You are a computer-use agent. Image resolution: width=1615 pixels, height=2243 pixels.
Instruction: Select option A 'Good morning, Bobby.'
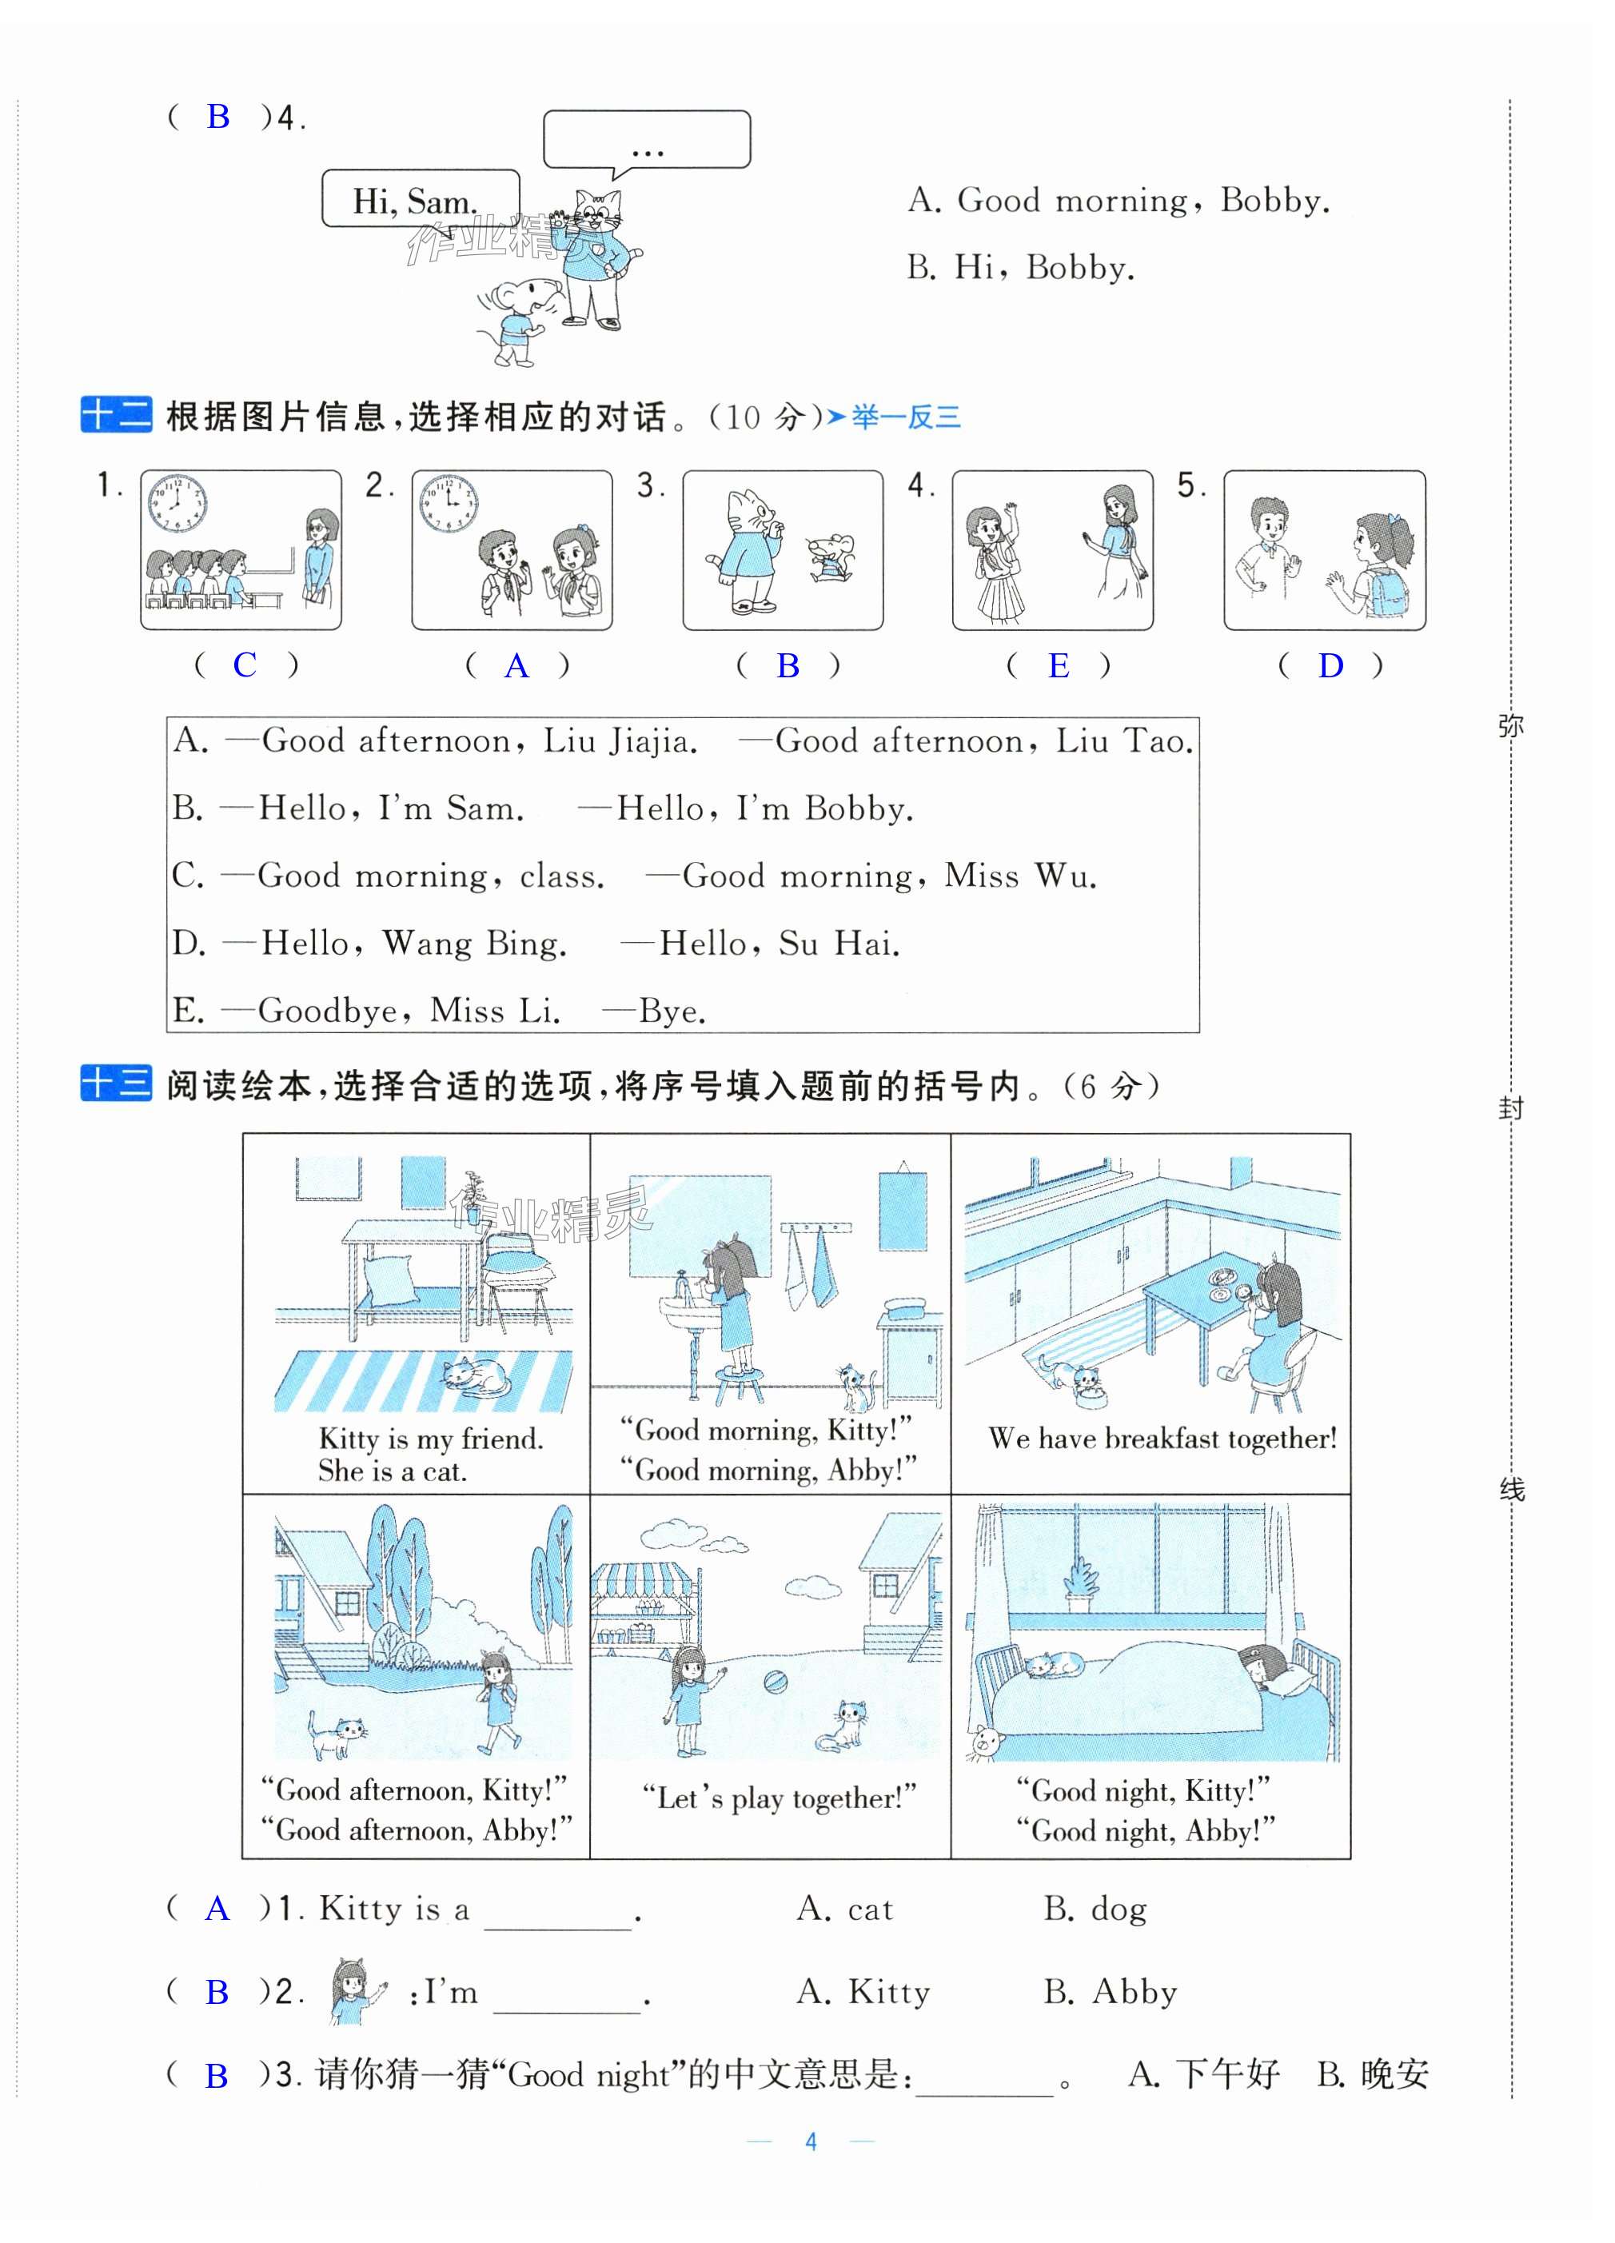[1118, 200]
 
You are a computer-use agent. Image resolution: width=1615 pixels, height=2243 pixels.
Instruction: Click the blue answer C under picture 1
[245, 665]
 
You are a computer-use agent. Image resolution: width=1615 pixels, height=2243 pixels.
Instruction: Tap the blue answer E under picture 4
[1059, 665]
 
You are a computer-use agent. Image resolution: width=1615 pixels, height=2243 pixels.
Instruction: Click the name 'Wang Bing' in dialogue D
[474, 943]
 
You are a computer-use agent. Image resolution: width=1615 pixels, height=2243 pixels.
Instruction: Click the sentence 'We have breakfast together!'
[1162, 1438]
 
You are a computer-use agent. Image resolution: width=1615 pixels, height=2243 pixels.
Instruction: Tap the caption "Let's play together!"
[779, 1797]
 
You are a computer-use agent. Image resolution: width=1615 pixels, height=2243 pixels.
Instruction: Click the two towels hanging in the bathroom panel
[810, 1269]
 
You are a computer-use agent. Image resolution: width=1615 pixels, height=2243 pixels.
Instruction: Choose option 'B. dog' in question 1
[1095, 1909]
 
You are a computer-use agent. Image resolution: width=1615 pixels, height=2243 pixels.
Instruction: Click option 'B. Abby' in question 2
[1110, 1992]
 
